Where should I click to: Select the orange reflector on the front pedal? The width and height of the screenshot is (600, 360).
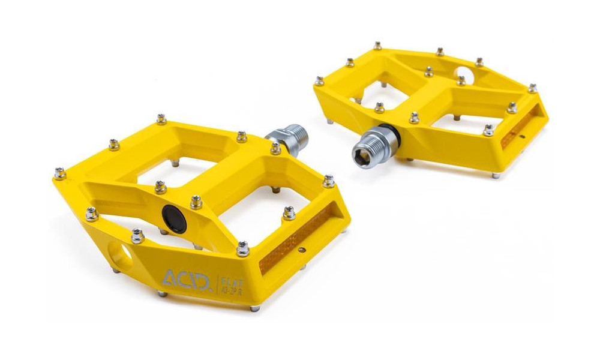pyautogui.click(x=293, y=241)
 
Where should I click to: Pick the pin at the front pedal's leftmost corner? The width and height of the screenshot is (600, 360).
pyautogui.click(x=59, y=173)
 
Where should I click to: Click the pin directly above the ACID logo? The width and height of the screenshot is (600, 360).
pyautogui.click(x=242, y=248)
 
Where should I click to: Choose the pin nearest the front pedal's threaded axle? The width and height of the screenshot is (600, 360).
pyautogui.click(x=275, y=148)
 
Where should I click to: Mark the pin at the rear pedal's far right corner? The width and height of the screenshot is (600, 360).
pyautogui.click(x=532, y=88)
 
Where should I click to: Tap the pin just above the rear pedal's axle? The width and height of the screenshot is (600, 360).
pyautogui.click(x=379, y=107)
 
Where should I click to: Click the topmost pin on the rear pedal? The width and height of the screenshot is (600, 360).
pyautogui.click(x=377, y=46)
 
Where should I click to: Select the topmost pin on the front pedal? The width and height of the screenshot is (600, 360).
pyautogui.click(x=161, y=119)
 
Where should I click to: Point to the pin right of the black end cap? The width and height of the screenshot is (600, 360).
pyautogui.click(x=196, y=202)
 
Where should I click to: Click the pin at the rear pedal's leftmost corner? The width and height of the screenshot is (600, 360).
pyautogui.click(x=320, y=80)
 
